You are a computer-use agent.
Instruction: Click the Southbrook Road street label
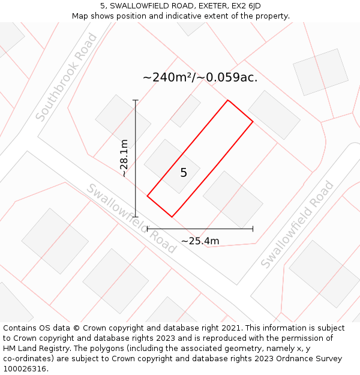(66, 77)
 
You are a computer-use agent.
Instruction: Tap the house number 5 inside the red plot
(184, 173)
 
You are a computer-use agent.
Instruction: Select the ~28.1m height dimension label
(124, 158)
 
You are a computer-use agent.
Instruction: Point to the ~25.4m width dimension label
(200, 241)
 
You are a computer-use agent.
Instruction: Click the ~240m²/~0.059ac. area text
(200, 77)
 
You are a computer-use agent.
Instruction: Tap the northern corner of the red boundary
(228, 100)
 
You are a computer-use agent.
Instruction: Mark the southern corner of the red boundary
(172, 217)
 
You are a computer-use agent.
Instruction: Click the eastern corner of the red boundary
(253, 122)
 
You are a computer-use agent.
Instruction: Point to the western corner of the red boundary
(147, 195)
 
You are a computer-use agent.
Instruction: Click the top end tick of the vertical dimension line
(136, 100)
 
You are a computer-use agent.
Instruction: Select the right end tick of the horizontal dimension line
(253, 229)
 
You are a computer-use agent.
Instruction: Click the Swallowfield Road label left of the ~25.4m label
(131, 218)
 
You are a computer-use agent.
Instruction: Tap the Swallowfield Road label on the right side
(297, 224)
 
